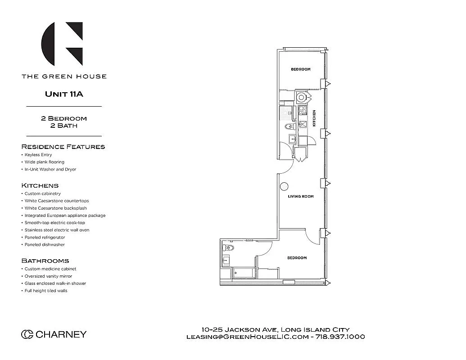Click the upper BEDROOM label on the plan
(300, 69)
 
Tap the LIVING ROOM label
(301, 197)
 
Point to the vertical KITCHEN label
(314, 118)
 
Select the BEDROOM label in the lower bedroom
(297, 258)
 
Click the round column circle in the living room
(284, 187)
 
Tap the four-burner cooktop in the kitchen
(303, 110)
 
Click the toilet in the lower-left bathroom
(228, 248)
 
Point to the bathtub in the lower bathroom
(244, 273)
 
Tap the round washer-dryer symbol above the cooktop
(301, 97)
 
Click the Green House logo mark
(62, 44)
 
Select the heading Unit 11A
(64, 94)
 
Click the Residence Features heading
(63, 147)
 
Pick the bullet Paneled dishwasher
(45, 245)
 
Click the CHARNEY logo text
(54, 334)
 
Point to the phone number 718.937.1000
(340, 337)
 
